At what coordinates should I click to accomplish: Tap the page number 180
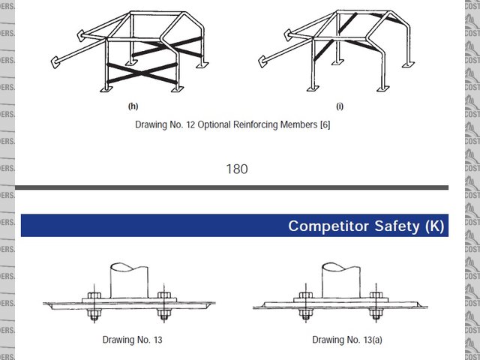click(237, 169)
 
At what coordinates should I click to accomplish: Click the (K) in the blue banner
click(433, 226)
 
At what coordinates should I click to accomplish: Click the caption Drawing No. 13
click(133, 340)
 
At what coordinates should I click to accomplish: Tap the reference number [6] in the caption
click(325, 124)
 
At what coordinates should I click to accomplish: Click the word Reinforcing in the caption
click(259, 124)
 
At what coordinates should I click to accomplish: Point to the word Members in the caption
click(301, 124)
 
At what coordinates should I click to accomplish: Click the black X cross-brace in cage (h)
click(143, 73)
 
